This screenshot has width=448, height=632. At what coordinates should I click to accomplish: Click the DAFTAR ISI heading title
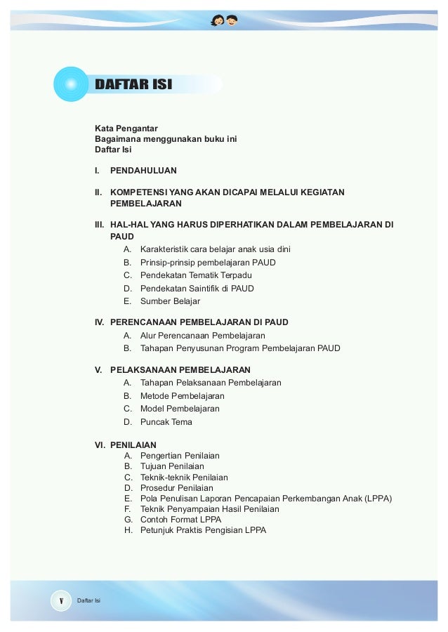(x=133, y=86)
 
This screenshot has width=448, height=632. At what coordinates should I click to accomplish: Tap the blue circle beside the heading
(x=70, y=85)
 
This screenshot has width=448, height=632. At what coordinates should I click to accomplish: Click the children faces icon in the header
(x=224, y=19)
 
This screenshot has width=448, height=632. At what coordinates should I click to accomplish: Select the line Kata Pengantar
(x=126, y=128)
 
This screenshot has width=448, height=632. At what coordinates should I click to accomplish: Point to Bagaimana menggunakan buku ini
(x=166, y=138)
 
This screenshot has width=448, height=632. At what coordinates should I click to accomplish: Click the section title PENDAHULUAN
(x=143, y=170)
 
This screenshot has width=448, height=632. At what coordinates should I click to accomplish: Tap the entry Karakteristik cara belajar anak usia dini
(x=215, y=249)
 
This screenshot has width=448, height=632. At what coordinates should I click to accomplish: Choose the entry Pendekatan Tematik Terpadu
(x=196, y=275)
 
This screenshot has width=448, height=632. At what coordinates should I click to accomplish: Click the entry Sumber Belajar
(x=170, y=301)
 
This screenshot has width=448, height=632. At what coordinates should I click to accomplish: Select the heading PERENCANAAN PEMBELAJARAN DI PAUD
(x=199, y=322)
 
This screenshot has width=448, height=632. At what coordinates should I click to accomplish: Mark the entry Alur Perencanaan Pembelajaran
(x=202, y=336)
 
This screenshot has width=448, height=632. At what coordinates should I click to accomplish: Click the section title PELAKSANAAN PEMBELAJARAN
(x=180, y=369)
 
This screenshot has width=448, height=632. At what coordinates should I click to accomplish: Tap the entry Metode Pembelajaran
(x=182, y=395)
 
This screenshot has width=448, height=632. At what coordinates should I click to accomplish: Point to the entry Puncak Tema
(x=166, y=422)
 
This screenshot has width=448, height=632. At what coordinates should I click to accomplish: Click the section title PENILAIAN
(x=133, y=445)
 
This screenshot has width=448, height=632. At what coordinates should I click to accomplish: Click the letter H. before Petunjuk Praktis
(x=129, y=530)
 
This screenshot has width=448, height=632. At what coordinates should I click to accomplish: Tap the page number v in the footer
(x=61, y=600)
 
